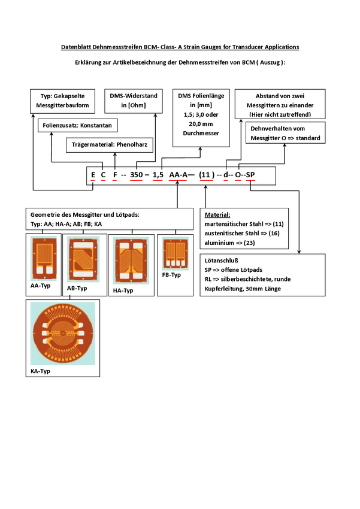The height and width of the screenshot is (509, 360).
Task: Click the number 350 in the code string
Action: point(136,175)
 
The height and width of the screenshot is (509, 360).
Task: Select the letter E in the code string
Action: point(93,175)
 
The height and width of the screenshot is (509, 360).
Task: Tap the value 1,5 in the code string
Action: point(158,175)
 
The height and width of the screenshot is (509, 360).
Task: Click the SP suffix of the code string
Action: point(250,175)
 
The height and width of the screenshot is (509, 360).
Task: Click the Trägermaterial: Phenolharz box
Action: point(110,144)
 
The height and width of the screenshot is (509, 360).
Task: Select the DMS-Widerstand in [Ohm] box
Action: point(132,101)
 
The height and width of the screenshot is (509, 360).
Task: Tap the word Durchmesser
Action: point(201,133)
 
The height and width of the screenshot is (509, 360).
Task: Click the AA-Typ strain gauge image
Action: point(44,257)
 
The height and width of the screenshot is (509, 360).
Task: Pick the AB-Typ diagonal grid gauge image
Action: point(84,257)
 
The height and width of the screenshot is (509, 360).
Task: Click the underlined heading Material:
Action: point(217,214)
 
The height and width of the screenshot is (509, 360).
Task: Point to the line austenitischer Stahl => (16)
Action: point(242,233)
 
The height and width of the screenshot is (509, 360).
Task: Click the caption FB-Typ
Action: point(171,275)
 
